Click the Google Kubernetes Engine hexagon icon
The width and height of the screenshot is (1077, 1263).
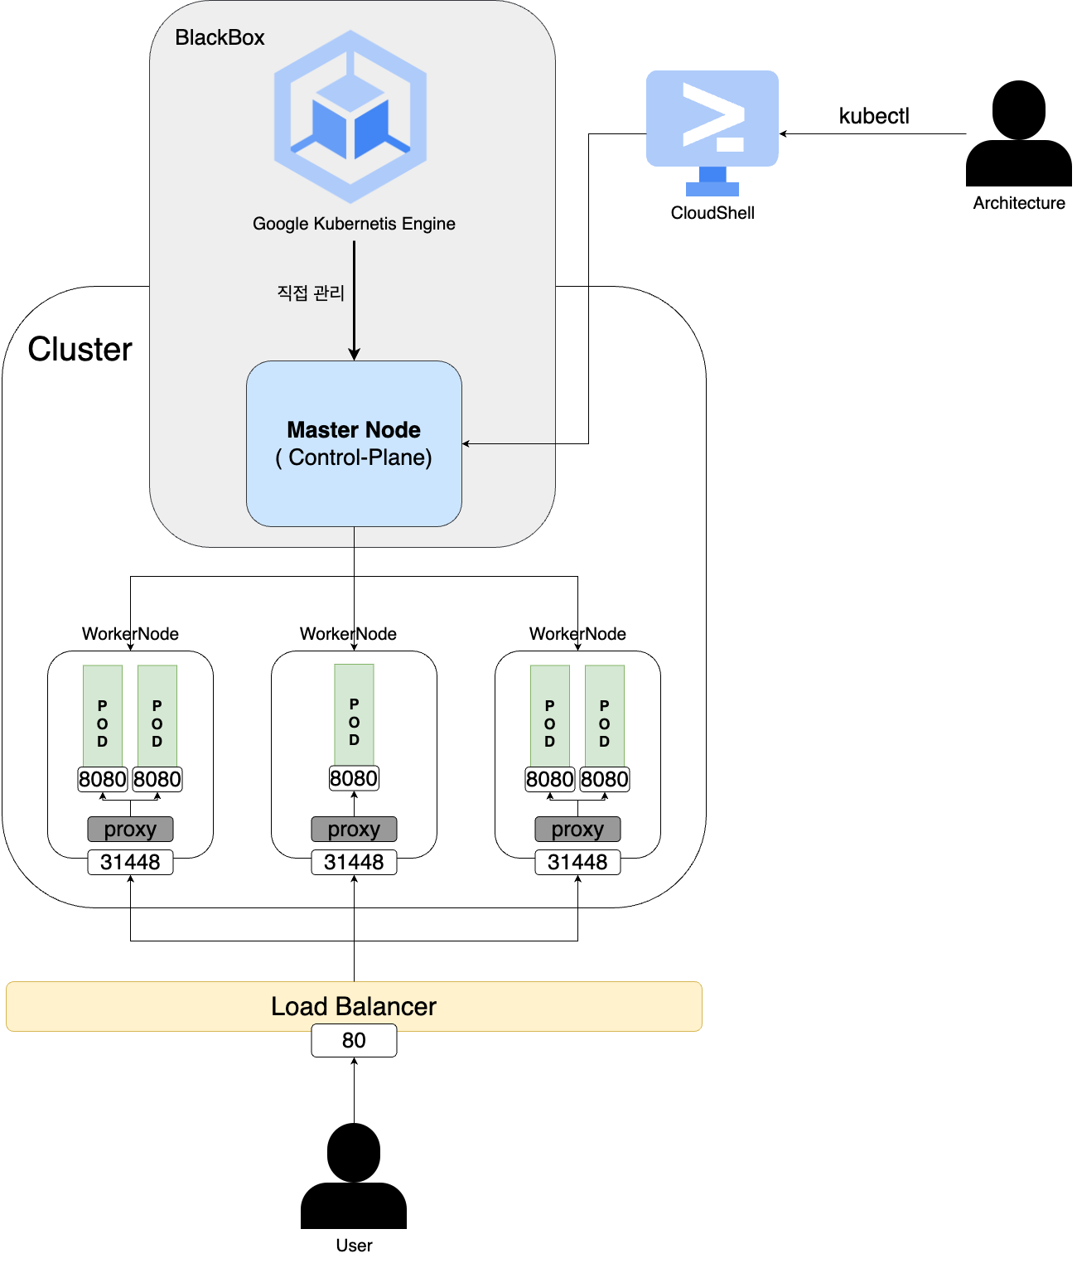tap(350, 117)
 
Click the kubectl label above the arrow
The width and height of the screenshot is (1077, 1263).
tap(874, 116)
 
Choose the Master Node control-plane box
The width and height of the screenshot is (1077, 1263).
tap(354, 443)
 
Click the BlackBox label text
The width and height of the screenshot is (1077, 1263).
tap(220, 37)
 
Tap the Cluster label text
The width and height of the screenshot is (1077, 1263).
tap(80, 349)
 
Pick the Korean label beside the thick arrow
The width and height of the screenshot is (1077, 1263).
tap(311, 293)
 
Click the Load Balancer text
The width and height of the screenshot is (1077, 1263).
tap(354, 1006)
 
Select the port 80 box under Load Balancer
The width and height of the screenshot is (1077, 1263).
tap(354, 1040)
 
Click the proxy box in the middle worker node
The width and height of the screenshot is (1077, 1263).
tap(354, 829)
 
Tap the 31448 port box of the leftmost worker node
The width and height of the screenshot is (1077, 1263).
tap(130, 862)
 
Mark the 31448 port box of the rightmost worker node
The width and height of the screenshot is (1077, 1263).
tap(577, 862)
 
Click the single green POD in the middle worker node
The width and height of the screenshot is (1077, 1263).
tap(354, 714)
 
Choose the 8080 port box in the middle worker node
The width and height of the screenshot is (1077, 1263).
tap(354, 778)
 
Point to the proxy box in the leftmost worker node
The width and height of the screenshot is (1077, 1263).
tap(130, 829)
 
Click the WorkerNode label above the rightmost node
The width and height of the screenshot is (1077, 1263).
tap(577, 634)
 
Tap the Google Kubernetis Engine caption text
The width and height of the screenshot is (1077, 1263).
tap(354, 224)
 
